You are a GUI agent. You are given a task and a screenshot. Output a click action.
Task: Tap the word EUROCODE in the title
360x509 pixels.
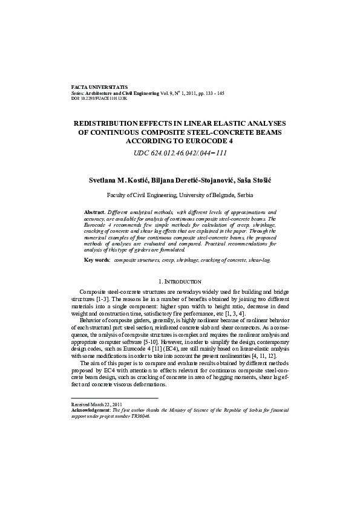click(x=203, y=140)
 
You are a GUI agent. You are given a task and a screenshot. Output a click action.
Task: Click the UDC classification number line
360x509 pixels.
click(x=180, y=153)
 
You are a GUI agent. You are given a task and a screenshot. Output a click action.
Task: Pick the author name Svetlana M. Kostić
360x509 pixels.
click(x=117, y=180)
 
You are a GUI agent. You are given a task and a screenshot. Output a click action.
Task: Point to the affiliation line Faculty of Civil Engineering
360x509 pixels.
click(x=180, y=195)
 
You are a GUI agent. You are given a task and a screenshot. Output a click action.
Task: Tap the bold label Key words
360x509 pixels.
click(x=97, y=259)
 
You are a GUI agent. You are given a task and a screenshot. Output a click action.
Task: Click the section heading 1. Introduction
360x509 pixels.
click(x=180, y=282)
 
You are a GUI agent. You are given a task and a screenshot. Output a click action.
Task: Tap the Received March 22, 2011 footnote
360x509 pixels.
click(x=97, y=403)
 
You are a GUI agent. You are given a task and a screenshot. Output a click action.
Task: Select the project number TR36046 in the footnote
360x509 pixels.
click(x=139, y=416)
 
